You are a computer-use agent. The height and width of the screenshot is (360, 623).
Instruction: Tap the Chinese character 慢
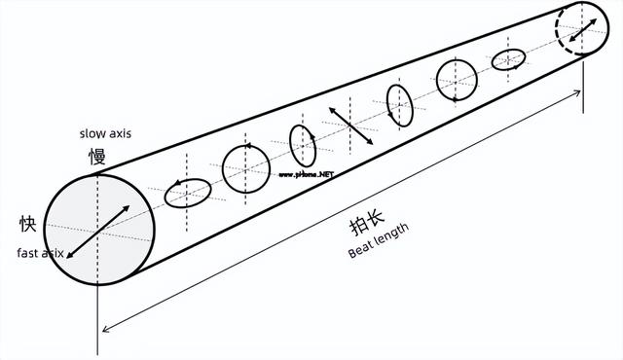pos(97,156)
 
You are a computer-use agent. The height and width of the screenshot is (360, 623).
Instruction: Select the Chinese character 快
pos(28,224)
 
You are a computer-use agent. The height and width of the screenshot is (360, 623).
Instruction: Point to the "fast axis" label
pos(41,253)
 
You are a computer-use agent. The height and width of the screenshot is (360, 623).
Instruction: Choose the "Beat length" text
pos(380,242)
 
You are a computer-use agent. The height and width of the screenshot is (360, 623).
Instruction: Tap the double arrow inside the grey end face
pos(98,230)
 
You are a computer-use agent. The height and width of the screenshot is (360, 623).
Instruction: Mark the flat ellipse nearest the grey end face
pos(188,194)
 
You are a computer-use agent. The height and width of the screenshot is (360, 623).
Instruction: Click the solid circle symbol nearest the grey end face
pos(246,169)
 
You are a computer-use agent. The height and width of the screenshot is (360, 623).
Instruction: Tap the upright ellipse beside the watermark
pos(303,146)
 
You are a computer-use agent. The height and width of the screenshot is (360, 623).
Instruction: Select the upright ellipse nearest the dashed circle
pos(400,105)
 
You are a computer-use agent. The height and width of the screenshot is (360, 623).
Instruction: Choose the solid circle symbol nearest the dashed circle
pos(457,79)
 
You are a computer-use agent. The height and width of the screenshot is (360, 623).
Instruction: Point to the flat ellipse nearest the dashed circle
pos(509,60)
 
